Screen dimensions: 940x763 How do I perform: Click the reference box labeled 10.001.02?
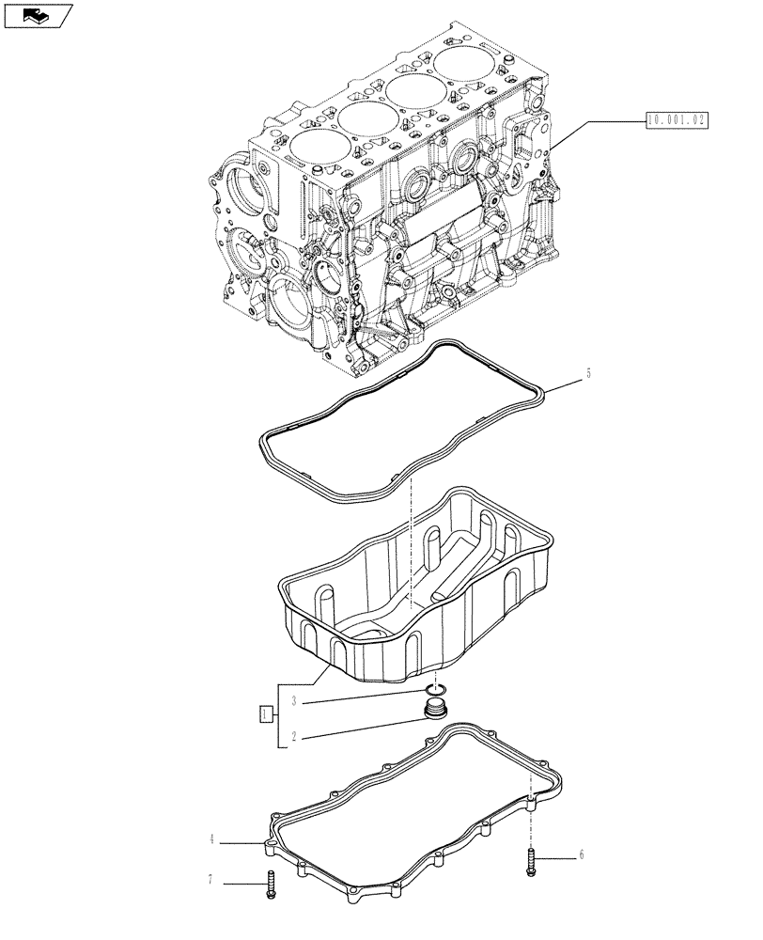click(x=676, y=119)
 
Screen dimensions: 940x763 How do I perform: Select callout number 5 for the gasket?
click(x=589, y=372)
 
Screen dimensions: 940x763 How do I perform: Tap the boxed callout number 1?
click(x=266, y=713)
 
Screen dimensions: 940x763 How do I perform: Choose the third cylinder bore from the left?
click(x=417, y=92)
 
